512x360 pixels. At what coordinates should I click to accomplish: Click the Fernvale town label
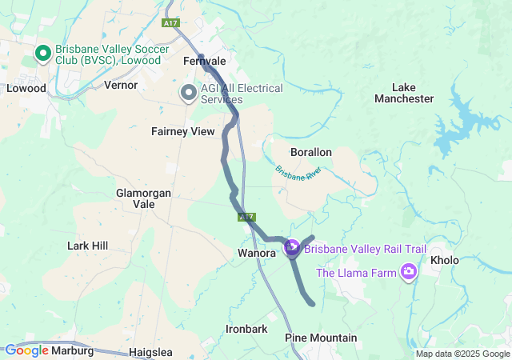204,61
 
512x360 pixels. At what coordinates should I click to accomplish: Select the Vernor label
121,85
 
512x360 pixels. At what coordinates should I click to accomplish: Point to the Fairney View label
183,131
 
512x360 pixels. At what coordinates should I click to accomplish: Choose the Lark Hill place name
88,246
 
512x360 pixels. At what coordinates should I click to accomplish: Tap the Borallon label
311,152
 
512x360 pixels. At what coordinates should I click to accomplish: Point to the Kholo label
445,261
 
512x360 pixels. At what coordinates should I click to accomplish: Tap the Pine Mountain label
321,338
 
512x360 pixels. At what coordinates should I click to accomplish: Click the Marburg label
73,350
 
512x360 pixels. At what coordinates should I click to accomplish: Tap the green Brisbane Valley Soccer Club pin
43,54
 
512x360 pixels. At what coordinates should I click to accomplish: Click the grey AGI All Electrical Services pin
189,93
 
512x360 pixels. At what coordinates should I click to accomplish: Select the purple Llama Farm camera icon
410,273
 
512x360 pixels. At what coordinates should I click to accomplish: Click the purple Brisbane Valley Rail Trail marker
292,249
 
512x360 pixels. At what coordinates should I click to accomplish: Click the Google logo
27,350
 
